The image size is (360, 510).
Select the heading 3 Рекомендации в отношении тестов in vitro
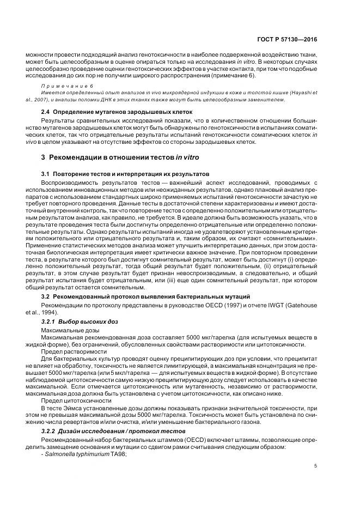pos(120,157)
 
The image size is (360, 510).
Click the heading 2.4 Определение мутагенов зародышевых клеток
pos(114,112)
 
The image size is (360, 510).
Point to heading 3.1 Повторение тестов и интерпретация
pos(126,173)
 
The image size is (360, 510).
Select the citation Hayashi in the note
pos(301,94)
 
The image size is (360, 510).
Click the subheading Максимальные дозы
pos(69,331)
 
